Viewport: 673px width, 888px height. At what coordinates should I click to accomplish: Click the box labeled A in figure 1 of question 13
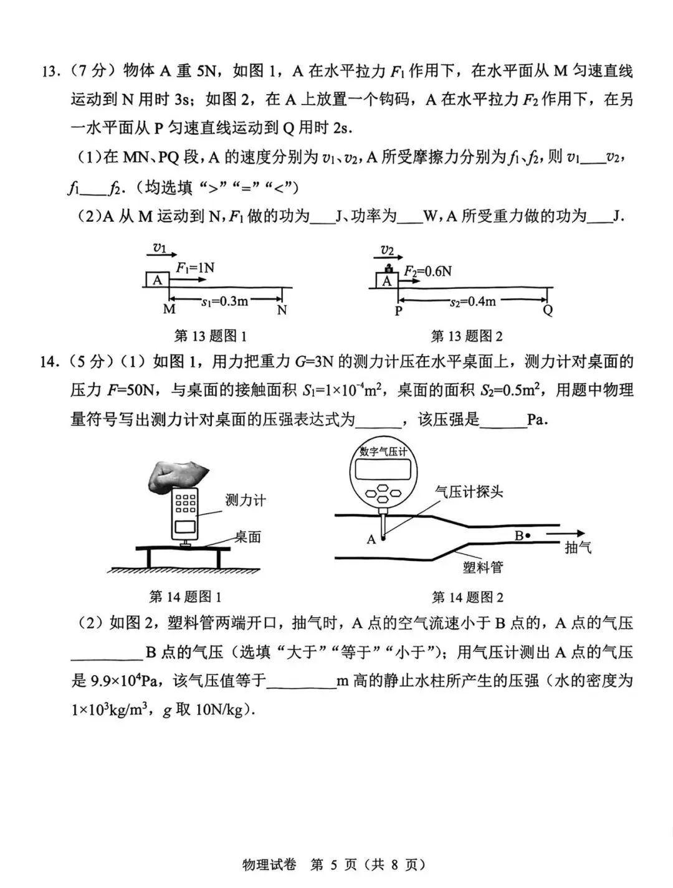(x=157, y=280)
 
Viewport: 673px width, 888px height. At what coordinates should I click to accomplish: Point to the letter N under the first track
(x=282, y=309)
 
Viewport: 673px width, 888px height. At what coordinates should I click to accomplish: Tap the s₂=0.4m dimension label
(x=473, y=301)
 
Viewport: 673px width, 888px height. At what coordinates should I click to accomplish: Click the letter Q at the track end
(x=548, y=310)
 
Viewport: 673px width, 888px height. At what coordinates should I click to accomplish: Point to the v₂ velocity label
(x=388, y=250)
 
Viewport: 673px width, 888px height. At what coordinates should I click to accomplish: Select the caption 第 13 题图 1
(x=211, y=336)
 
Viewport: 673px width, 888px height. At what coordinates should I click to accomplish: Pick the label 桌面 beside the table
(x=247, y=537)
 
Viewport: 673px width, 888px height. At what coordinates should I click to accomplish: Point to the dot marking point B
(x=528, y=535)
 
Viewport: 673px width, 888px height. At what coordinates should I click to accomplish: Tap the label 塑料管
(x=482, y=567)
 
